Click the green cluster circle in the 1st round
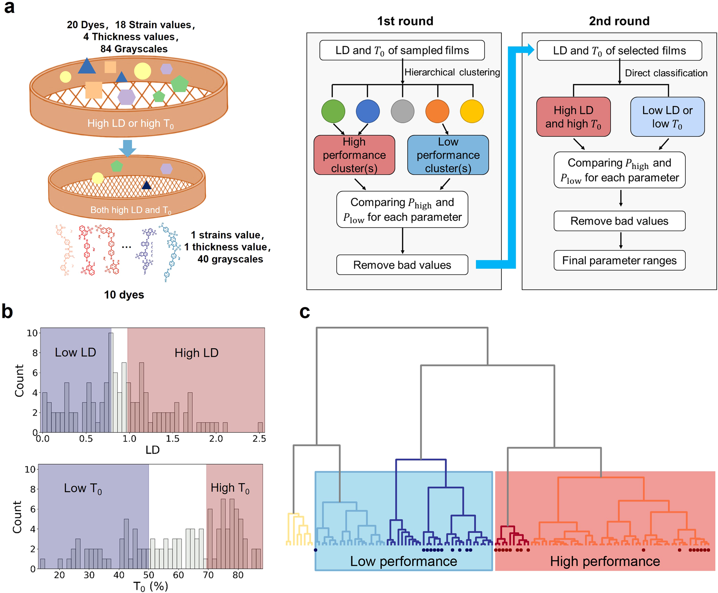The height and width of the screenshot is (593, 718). click(x=333, y=111)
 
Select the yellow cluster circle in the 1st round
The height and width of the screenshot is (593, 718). click(x=472, y=111)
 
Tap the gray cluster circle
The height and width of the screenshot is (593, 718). click(x=402, y=111)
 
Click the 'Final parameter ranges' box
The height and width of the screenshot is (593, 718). click(x=619, y=260)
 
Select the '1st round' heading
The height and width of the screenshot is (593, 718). click(x=405, y=21)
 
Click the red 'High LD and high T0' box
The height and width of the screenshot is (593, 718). click(x=573, y=117)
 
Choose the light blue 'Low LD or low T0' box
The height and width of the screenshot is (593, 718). click(x=667, y=117)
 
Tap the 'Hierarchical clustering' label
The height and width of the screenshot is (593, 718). click(x=452, y=72)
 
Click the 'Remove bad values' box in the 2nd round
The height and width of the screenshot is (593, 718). click(x=619, y=221)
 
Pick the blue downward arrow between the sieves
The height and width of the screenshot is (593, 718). click(x=127, y=148)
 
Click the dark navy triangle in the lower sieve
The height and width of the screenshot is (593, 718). click(x=146, y=185)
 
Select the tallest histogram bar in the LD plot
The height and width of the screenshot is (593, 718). click(x=111, y=382)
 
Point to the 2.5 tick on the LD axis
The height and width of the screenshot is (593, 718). click(x=259, y=439)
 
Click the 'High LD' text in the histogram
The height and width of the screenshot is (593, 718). click(x=196, y=353)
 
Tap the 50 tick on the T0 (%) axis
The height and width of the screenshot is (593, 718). click(x=149, y=575)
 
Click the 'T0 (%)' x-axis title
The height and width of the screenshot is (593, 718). click(x=150, y=587)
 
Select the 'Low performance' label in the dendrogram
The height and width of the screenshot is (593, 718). click(x=404, y=561)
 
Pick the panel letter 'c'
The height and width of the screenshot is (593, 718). click(x=304, y=312)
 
